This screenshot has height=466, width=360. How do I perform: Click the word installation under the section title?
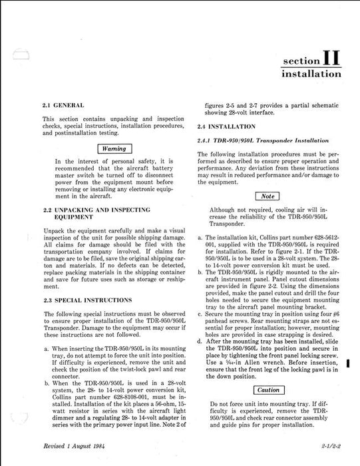click(312, 75)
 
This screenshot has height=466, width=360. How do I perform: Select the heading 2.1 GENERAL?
click(63, 105)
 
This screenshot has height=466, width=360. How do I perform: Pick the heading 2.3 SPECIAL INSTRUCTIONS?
click(85, 300)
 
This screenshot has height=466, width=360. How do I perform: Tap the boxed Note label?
click(268, 196)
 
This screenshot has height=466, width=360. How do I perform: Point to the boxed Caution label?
click(268, 389)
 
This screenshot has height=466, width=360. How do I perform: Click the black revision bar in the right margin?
click(349, 362)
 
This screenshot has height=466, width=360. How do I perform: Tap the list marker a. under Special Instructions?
click(44, 349)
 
